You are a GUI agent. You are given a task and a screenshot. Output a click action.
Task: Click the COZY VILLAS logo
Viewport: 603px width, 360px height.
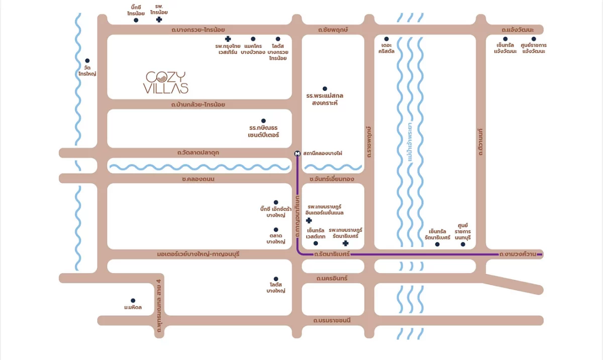(x=167, y=83)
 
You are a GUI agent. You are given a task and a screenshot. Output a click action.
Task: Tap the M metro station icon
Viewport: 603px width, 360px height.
(x=297, y=153)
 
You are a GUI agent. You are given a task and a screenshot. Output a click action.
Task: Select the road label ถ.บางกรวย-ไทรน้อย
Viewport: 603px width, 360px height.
(x=198, y=30)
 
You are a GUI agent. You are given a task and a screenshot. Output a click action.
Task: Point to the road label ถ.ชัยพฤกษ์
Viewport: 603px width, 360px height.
(x=333, y=30)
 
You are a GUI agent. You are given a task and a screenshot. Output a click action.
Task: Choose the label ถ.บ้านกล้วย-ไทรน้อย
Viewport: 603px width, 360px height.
(x=198, y=104)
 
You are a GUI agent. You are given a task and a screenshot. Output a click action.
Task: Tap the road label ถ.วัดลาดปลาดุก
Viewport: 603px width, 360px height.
(x=198, y=152)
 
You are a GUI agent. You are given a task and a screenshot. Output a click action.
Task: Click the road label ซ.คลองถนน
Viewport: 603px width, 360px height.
(x=198, y=179)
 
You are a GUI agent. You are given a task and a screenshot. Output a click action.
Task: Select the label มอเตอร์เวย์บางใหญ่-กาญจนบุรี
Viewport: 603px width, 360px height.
(x=198, y=254)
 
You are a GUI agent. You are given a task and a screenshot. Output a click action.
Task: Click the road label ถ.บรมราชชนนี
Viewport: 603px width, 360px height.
(x=332, y=320)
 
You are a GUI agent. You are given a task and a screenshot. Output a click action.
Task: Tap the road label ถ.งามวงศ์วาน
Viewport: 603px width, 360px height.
(x=517, y=254)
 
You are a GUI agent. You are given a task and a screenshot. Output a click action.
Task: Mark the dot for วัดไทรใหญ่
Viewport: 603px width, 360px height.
(x=87, y=61)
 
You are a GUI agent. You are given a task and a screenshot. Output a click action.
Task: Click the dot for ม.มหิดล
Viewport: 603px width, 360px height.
(x=133, y=301)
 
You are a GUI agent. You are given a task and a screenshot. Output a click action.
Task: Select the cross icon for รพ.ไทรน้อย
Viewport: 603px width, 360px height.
(x=159, y=20)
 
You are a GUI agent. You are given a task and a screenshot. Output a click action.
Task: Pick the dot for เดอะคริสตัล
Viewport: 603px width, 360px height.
(x=386, y=39)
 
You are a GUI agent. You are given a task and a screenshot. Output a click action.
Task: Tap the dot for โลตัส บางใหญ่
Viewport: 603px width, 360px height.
(x=276, y=279)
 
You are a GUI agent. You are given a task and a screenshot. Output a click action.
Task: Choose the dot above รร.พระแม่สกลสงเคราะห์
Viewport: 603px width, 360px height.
(x=325, y=89)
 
